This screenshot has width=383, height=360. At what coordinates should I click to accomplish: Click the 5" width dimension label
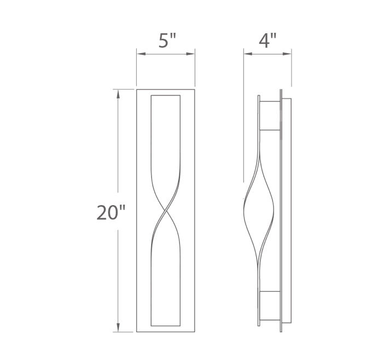(167, 41)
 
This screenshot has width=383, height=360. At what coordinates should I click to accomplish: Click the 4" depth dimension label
(268, 40)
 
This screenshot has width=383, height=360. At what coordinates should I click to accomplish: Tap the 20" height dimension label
(111, 212)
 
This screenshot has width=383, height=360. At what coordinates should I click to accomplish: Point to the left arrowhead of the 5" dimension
(141, 54)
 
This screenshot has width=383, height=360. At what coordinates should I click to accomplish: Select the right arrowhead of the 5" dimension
(190, 54)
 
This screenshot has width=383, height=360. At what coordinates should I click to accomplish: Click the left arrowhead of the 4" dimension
(248, 54)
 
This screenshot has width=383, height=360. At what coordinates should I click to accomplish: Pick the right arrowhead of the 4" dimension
(287, 54)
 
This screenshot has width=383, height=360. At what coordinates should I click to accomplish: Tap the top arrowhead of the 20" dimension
(118, 94)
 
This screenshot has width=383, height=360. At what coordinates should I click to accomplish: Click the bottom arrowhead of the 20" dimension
(118, 327)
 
